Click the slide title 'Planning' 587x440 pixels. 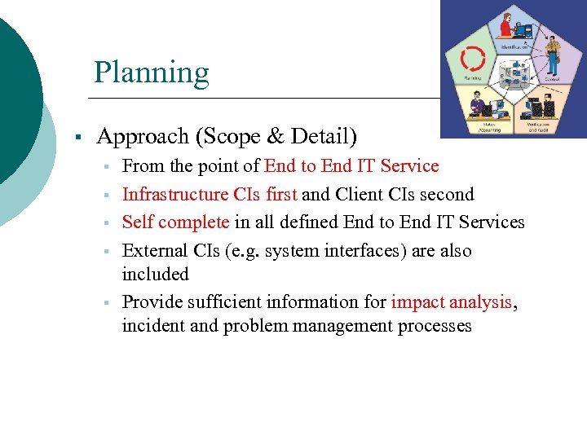[151, 73]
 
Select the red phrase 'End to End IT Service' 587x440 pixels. [351, 166]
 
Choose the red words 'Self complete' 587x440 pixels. [175, 222]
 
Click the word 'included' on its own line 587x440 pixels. [155, 274]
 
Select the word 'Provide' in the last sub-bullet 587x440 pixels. [152, 302]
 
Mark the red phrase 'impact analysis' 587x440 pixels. [452, 302]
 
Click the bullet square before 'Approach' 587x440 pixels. [75, 136]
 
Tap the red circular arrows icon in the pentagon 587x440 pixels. [473, 59]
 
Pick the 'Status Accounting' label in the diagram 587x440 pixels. [489, 126]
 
